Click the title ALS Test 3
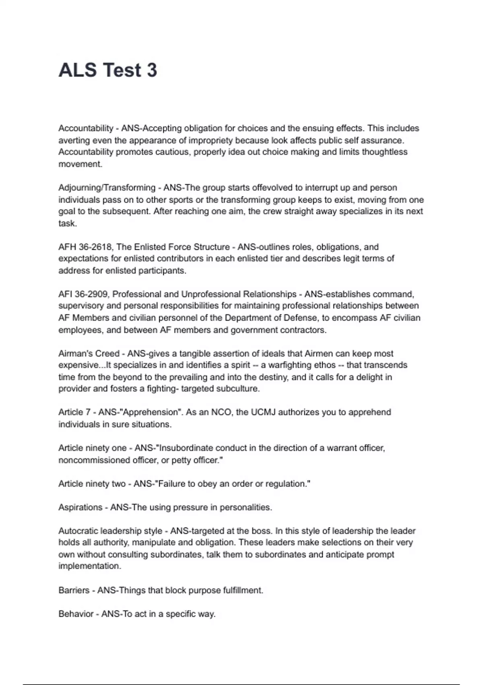tap(107, 70)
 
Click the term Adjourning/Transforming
tap(107, 188)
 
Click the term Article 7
tap(74, 412)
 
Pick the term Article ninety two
tap(92, 484)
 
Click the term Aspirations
tap(80, 507)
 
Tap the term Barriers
tap(74, 590)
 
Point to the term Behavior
tap(76, 614)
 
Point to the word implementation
tap(89, 566)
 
